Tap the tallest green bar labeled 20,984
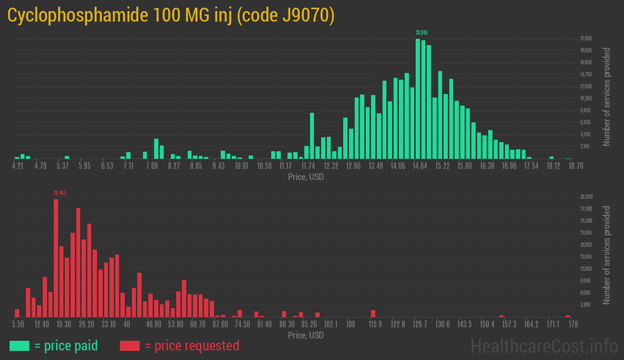click(418, 98)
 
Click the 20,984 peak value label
click(421, 33)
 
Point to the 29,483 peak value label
click(60, 193)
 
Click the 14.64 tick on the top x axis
click(420, 166)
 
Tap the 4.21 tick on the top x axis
click(17, 166)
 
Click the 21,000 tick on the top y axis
click(586, 38)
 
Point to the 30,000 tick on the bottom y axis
click(587, 197)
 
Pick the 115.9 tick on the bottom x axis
click(375, 324)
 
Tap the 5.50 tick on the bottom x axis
click(18, 324)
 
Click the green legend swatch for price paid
click(19, 346)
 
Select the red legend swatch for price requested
click(130, 346)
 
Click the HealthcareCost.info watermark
click(544, 345)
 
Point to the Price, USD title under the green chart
click(306, 177)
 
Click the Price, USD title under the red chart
click(306, 335)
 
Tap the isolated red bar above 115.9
click(373, 313)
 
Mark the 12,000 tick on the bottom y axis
click(587, 269)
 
